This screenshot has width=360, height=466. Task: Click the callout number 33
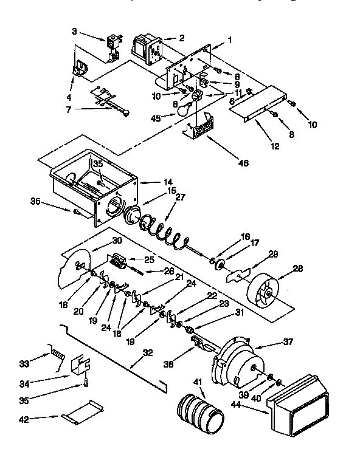pos(24,364)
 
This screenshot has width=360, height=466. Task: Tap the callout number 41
pos(197,383)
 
